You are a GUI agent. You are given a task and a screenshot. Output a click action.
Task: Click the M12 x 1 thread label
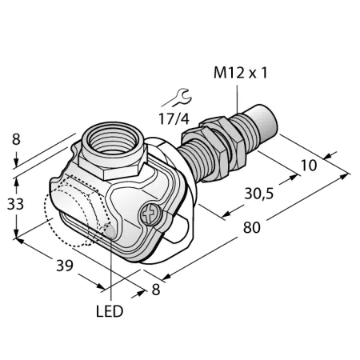(x=240, y=73)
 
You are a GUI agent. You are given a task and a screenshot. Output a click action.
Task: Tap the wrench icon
(x=178, y=98)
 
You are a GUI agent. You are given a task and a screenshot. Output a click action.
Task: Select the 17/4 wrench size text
(x=174, y=118)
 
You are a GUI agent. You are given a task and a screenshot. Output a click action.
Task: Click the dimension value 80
(x=251, y=228)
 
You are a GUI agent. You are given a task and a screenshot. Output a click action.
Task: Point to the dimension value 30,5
(x=259, y=194)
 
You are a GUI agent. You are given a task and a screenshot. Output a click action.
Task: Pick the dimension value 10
(x=309, y=166)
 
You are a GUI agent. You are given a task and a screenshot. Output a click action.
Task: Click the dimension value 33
(x=15, y=205)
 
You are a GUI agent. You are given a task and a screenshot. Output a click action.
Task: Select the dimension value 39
(x=65, y=266)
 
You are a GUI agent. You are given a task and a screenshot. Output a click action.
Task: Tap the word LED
(x=110, y=311)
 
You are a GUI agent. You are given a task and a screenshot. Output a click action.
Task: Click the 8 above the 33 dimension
(x=16, y=139)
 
